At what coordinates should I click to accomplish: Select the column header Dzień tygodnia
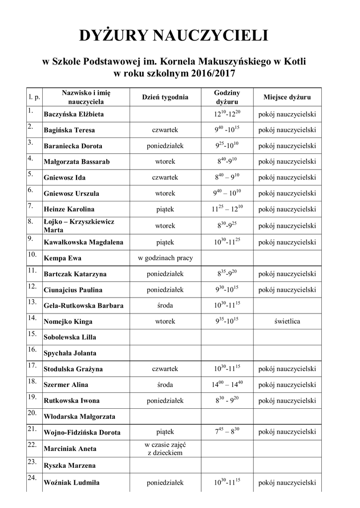pos(165,97)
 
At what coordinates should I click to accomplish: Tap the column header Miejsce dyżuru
pos(287,97)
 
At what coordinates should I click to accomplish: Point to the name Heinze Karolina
pos(69,209)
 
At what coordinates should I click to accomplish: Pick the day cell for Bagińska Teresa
pos(165,130)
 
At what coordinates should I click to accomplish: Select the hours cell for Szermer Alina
pos(227,384)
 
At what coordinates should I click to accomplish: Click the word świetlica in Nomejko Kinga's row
pos(287,321)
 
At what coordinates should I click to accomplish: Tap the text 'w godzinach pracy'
pos(165,258)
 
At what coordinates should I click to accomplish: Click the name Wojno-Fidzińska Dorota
pos(82,433)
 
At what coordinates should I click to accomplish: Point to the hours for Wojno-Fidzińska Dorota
pos(227,431)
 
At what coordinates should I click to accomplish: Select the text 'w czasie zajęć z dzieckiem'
pos(165,448)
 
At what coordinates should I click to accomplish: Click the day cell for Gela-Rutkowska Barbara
pos(165,306)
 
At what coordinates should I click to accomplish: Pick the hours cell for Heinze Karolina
pos(227,209)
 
